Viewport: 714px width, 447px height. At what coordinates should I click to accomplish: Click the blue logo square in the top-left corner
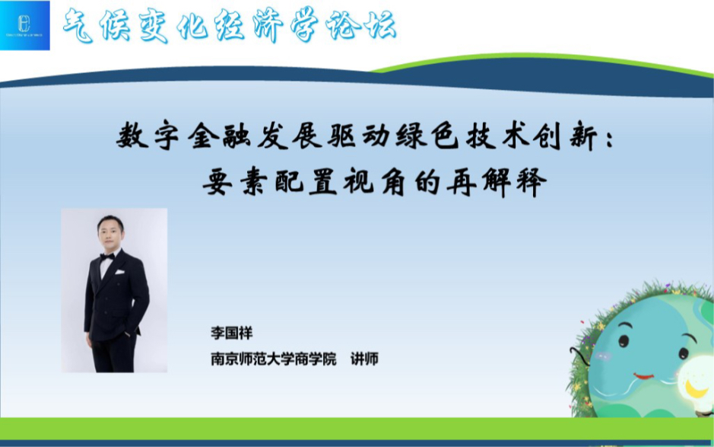pyautogui.click(x=26, y=26)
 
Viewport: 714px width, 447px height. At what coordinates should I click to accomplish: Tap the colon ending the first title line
pyautogui.click(x=613, y=139)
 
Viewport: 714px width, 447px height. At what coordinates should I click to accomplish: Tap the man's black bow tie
pyautogui.click(x=107, y=257)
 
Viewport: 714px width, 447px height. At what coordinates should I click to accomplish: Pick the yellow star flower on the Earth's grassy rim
pyautogui.click(x=601, y=326)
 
